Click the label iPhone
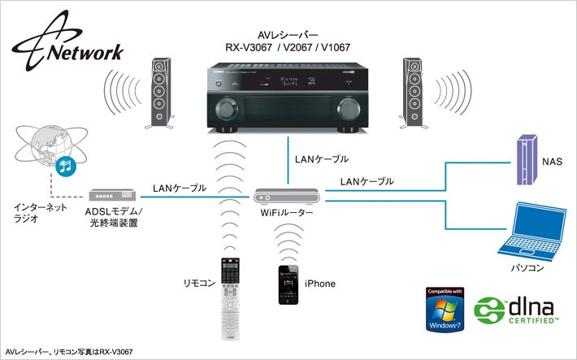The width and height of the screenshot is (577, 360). pos(320,284)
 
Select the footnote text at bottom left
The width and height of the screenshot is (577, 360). pos(69,350)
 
